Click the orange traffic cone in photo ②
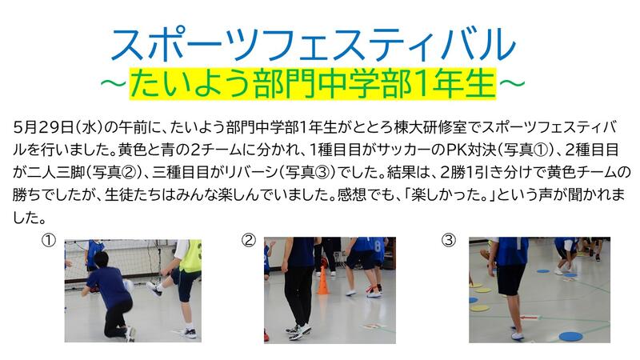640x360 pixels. tap(323, 282)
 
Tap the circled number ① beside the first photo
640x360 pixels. tap(49, 241)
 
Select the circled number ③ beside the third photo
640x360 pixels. tap(449, 240)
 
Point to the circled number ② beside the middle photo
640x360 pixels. tap(249, 240)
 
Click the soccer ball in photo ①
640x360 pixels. tap(129, 286)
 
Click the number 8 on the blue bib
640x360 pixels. tap(378, 246)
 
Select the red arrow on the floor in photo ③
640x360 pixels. tap(530, 317)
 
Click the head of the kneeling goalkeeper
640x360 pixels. tap(102, 260)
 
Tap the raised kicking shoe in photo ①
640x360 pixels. tap(154, 288)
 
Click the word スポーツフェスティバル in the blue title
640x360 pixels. tap(314, 45)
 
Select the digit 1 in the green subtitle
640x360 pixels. tap(423, 84)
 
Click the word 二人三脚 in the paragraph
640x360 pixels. tap(56, 173)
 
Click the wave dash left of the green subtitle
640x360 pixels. tap(115, 84)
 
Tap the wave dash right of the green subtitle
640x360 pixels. tap(511, 84)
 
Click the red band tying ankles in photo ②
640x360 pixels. tap(370, 289)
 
